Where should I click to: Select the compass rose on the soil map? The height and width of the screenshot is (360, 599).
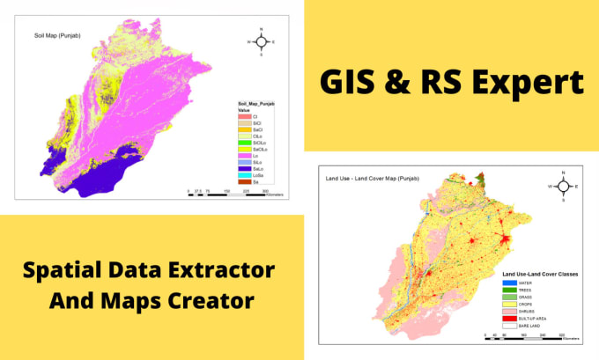click(262, 41)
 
